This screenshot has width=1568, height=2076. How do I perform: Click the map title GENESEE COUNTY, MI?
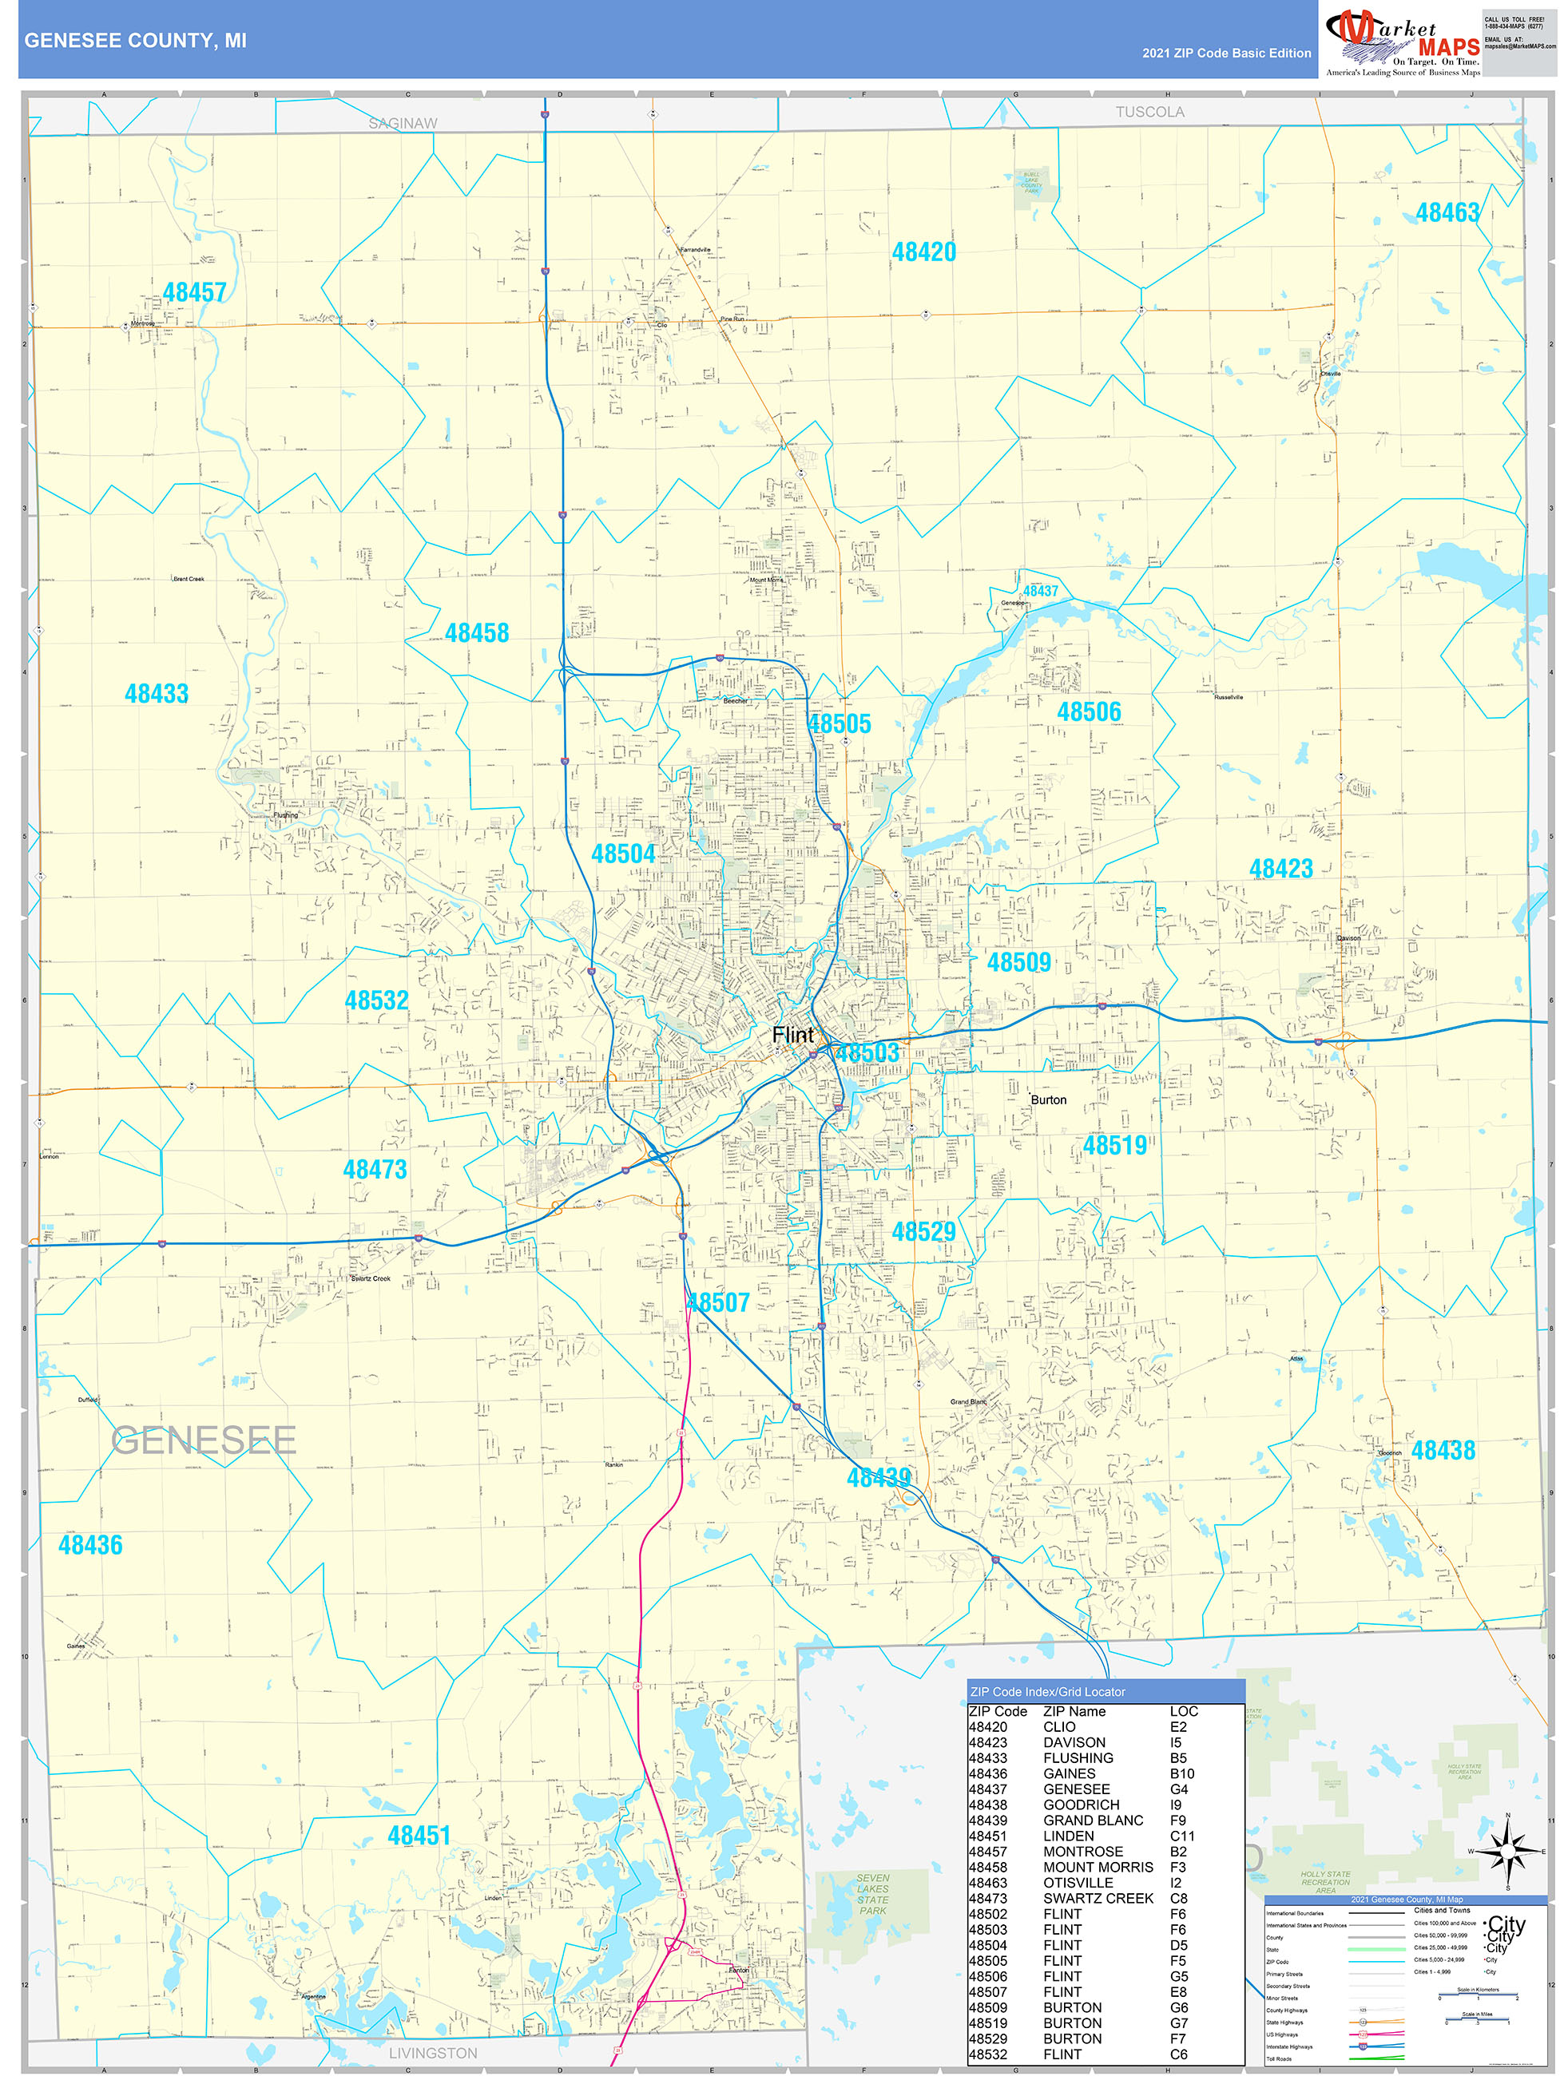click(135, 41)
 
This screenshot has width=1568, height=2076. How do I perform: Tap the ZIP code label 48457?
click(194, 292)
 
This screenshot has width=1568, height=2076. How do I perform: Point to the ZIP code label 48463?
click(1447, 213)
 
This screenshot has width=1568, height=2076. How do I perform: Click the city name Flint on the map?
click(792, 1034)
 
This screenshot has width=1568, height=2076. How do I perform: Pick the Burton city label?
click(1048, 1100)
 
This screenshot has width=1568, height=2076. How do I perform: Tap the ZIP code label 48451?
click(419, 1835)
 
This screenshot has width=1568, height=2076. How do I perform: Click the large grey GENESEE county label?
click(204, 1440)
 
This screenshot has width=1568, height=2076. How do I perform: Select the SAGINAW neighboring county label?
click(403, 124)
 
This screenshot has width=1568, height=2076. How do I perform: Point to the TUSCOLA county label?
click(1149, 113)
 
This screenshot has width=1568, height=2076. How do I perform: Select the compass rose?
click(1508, 1851)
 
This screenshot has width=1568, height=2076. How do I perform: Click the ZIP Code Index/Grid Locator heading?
click(1047, 1691)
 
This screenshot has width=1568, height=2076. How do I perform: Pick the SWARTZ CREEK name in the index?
click(1098, 1898)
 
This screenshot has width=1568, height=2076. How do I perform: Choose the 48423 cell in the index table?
click(988, 1742)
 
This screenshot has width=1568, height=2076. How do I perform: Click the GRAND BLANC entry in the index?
click(1093, 1820)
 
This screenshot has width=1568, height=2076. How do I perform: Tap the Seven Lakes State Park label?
click(872, 1895)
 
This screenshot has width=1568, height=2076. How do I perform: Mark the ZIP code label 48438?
click(1442, 1450)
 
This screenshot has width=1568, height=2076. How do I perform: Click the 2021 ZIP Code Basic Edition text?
click(1226, 53)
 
